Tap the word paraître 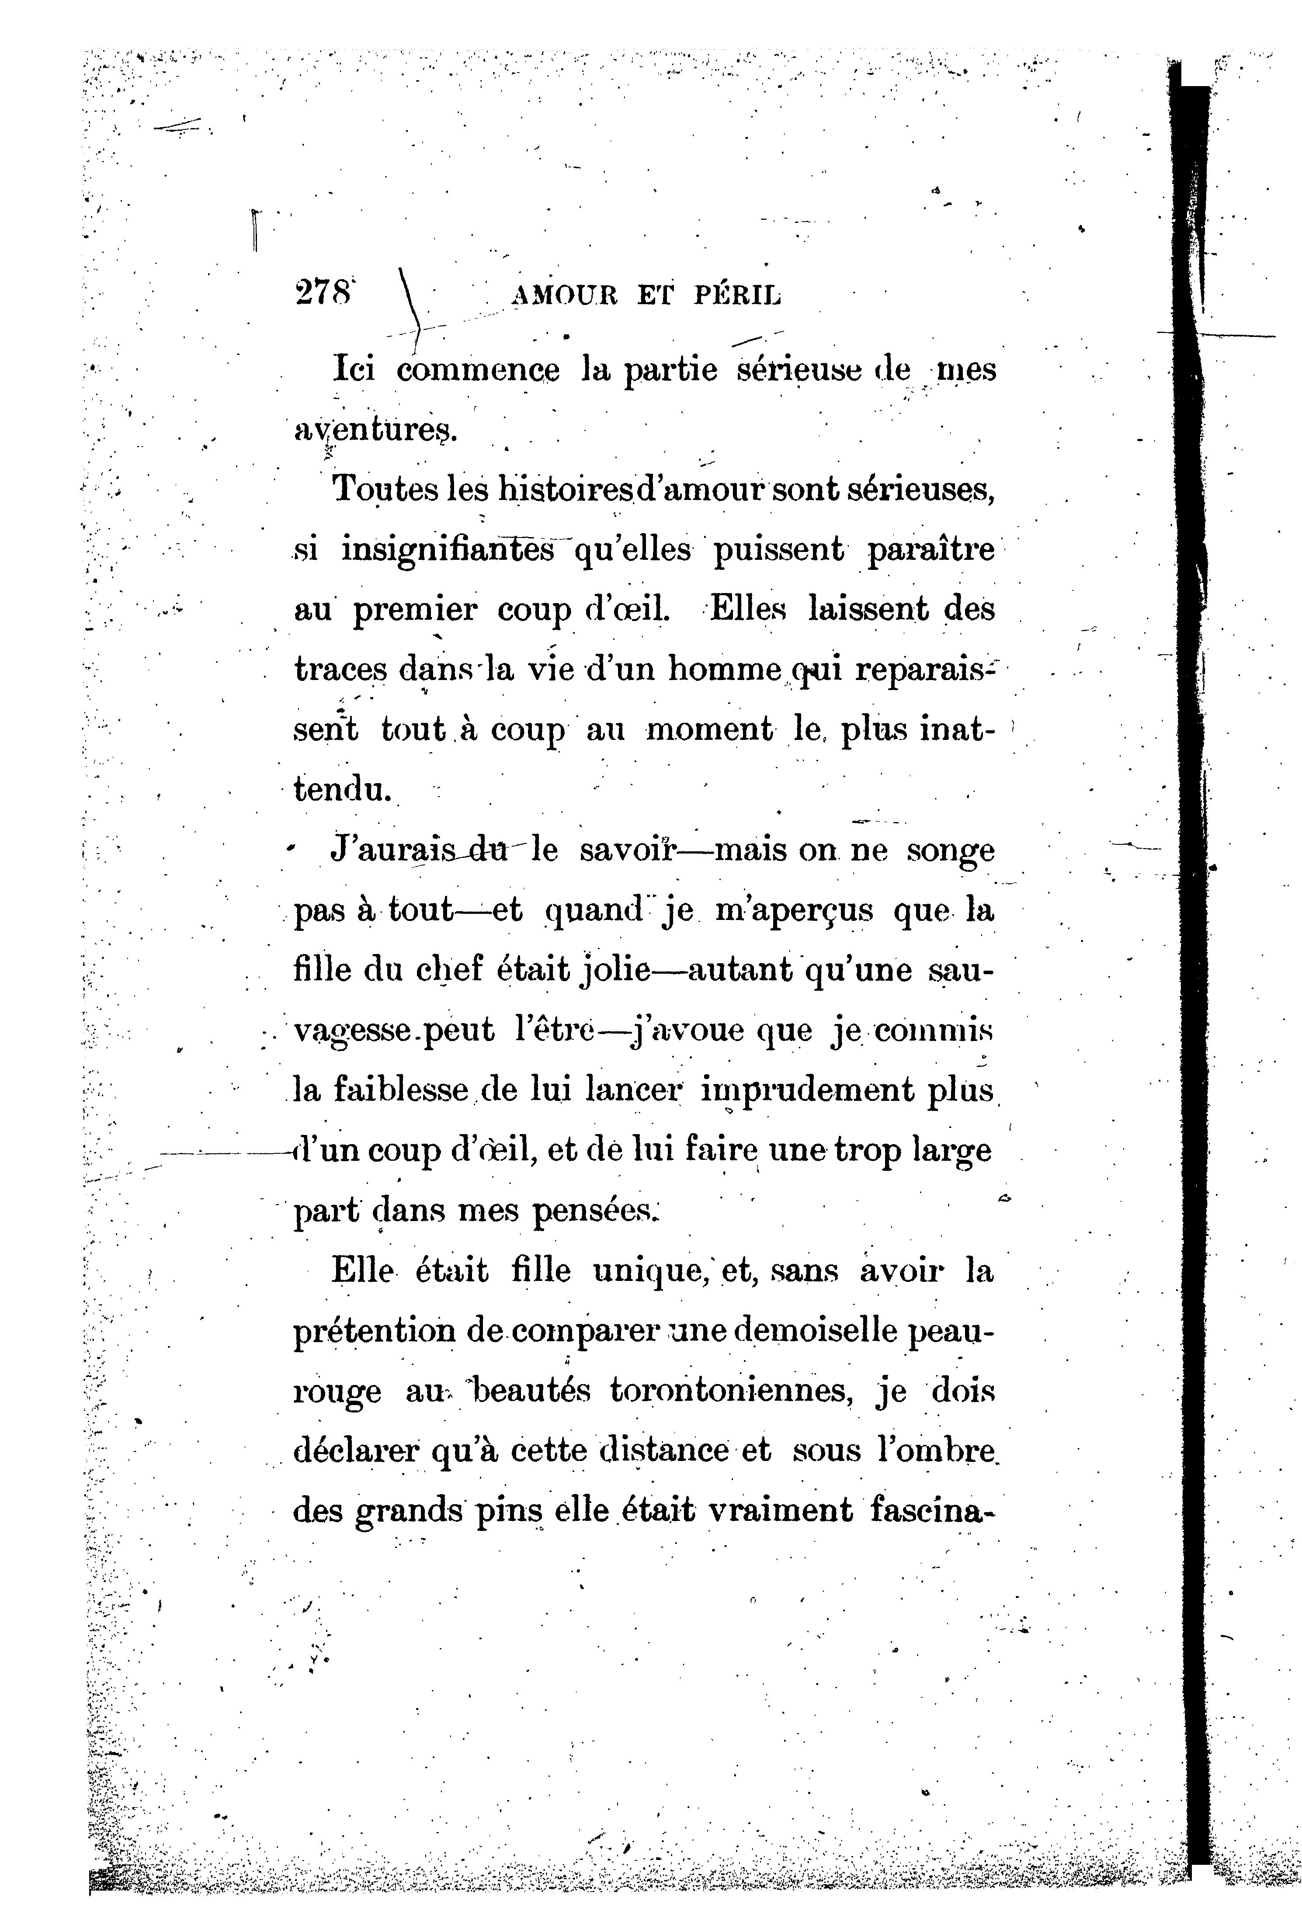tap(930, 550)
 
